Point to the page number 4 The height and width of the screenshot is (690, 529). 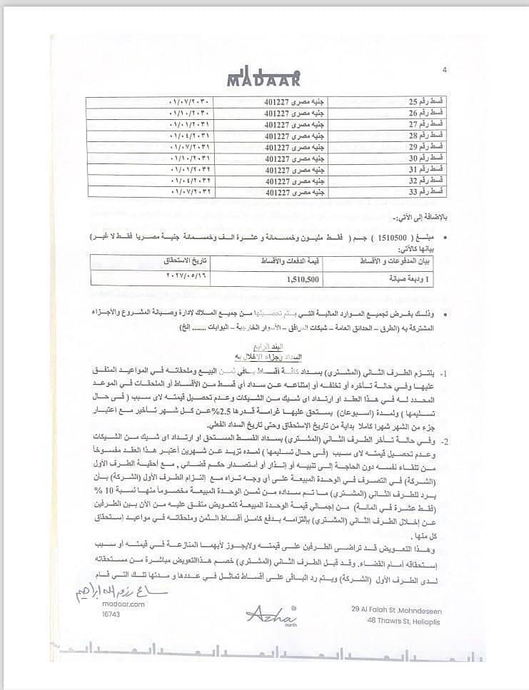click(x=444, y=70)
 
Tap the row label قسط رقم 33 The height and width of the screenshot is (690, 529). click(x=428, y=193)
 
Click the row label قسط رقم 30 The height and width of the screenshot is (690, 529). click(x=428, y=159)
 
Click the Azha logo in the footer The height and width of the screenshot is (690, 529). click(x=266, y=613)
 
